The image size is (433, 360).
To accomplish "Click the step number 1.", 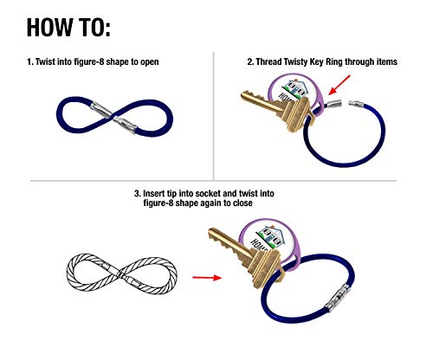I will pyautogui.click(x=30, y=63).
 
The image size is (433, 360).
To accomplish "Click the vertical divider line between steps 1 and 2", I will pyautogui.click(x=214, y=112).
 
